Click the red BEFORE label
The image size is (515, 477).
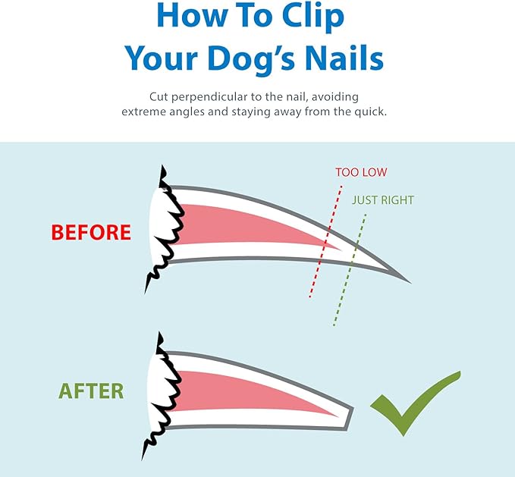point(91,232)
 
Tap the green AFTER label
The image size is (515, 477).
point(92,391)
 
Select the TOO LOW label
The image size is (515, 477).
point(361,172)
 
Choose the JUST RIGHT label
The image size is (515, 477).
point(382,200)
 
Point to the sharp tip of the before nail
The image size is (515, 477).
point(408,281)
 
